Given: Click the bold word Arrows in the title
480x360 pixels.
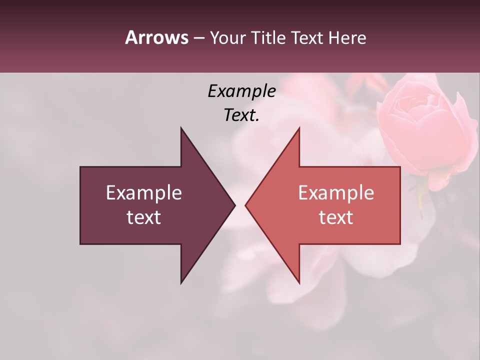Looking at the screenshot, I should [x=156, y=37].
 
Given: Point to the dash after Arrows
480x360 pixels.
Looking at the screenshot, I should [x=198, y=38].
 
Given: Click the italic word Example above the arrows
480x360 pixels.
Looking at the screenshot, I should [x=241, y=91].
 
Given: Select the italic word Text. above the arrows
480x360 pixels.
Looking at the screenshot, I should [x=241, y=115].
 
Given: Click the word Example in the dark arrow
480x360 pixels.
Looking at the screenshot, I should [x=144, y=192].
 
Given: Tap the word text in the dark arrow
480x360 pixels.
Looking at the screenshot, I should [x=144, y=217].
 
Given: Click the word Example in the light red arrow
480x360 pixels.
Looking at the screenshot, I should [x=336, y=192].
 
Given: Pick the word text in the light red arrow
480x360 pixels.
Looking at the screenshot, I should [x=336, y=217].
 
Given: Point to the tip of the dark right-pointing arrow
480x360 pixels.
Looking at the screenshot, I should [x=234, y=205].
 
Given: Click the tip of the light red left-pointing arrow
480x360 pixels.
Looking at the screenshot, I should [x=246, y=205].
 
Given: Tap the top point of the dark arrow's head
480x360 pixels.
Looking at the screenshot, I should [x=181, y=128].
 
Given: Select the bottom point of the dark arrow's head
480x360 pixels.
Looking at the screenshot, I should [x=181, y=282].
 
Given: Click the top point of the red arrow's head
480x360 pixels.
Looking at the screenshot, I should [x=299, y=128].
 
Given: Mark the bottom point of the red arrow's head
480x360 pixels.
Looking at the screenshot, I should [x=299, y=282].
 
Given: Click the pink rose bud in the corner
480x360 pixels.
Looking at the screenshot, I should [x=422, y=125].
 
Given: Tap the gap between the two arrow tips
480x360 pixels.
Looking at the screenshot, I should [x=240, y=205].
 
